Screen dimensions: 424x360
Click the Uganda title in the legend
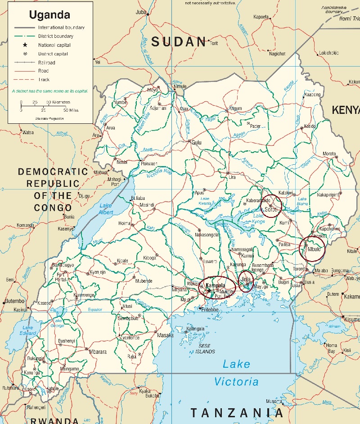tap(49, 14)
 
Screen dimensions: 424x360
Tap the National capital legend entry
tap(54, 45)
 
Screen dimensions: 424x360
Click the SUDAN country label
tap(179, 42)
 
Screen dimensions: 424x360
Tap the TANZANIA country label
tap(237, 412)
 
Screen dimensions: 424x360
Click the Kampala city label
tap(215, 285)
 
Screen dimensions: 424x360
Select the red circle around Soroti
tap(271, 206)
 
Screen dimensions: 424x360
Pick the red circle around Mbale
tap(312, 248)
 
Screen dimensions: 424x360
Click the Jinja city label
tap(246, 279)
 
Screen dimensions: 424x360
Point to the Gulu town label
tap(197, 143)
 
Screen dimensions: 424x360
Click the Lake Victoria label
tap(236, 373)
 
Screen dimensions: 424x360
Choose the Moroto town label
tap(329, 154)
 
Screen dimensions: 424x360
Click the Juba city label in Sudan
tap(141, 12)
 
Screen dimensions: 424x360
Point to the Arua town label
tap(110, 128)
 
